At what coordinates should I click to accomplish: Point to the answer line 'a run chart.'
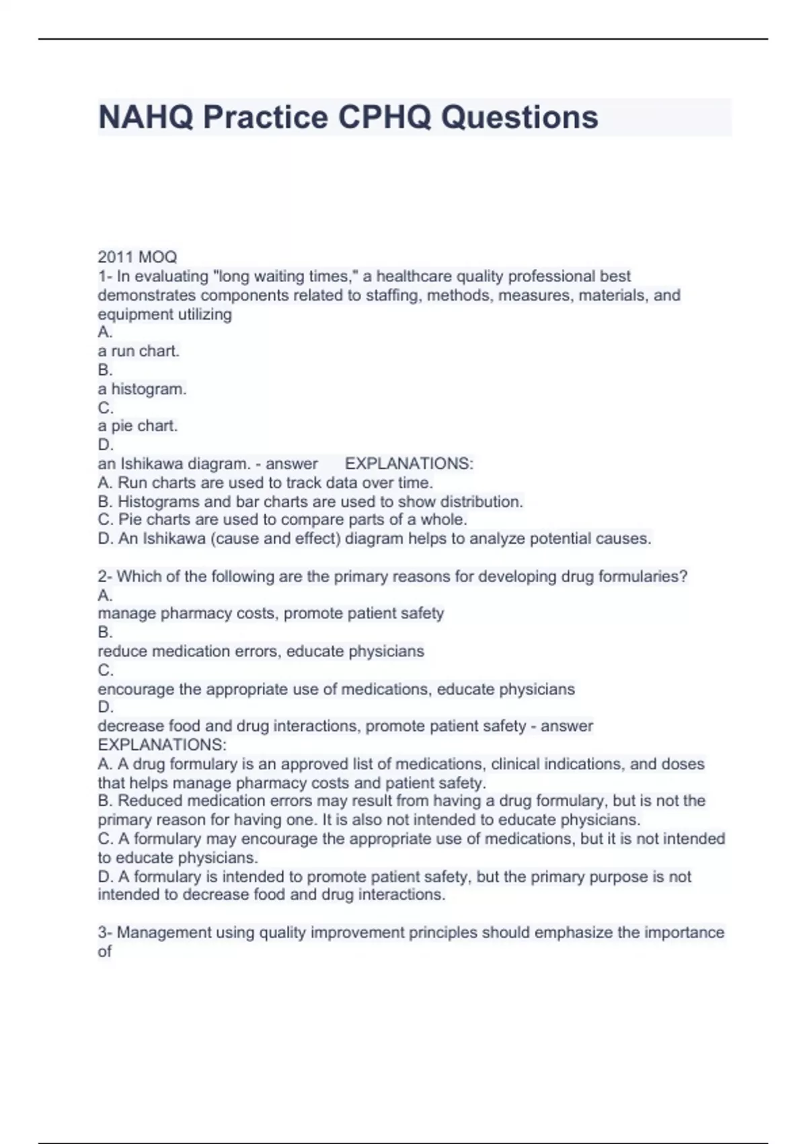tap(139, 351)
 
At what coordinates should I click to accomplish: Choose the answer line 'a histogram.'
tap(142, 389)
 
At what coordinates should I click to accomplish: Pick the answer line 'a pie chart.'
tap(138, 426)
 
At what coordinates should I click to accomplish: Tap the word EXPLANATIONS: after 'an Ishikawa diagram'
tap(409, 464)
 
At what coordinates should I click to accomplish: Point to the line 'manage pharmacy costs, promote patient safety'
tap(270, 614)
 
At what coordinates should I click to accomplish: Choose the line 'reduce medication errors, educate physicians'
tap(261, 651)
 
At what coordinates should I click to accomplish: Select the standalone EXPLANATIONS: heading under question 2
tap(162, 745)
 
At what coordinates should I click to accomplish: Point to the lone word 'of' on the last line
tap(105, 952)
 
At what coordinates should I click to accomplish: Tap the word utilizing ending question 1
tap(201, 314)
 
